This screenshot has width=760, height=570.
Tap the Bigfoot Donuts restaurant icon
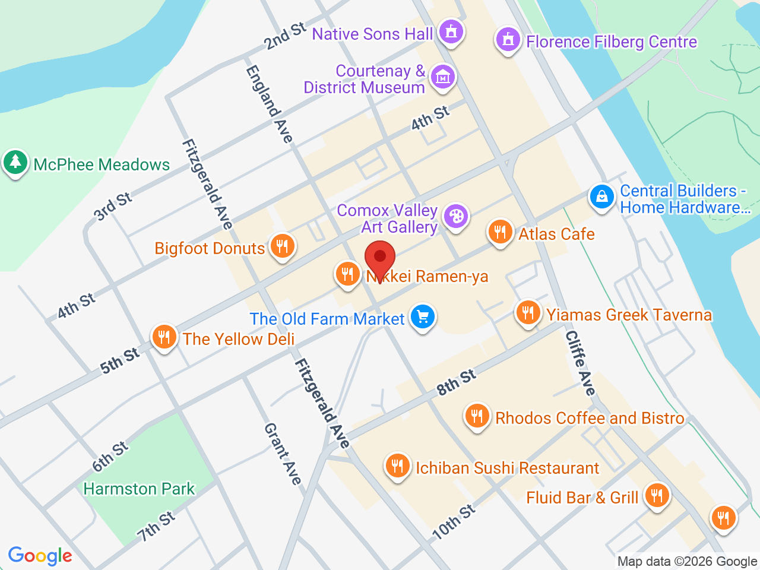(x=282, y=245)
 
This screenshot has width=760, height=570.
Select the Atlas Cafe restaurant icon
(x=500, y=232)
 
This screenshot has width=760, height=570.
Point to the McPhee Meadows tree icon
(x=15, y=162)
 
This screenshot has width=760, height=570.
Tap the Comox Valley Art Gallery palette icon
(x=456, y=216)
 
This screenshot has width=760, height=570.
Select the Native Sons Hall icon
(x=451, y=31)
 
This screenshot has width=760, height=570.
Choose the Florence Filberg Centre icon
(x=508, y=40)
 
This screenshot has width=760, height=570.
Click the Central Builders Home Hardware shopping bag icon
(x=601, y=197)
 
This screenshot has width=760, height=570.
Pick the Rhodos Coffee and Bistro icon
(x=477, y=415)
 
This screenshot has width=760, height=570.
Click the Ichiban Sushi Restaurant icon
(x=397, y=465)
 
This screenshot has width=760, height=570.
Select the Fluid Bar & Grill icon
(x=657, y=495)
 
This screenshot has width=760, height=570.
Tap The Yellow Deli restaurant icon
(x=164, y=337)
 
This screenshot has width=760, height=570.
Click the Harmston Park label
(x=139, y=489)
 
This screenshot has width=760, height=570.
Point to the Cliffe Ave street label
(x=580, y=363)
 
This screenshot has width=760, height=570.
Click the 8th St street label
(x=456, y=382)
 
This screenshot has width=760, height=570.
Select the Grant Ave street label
(x=283, y=454)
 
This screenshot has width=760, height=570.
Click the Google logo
(x=40, y=556)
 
